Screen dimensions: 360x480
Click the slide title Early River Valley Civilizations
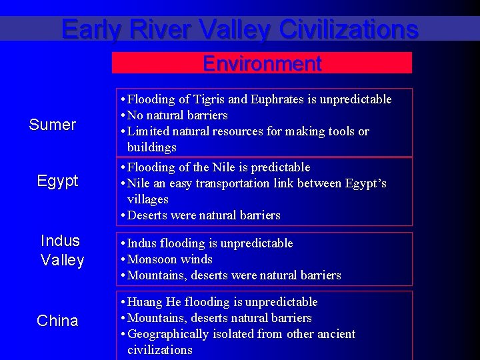click(x=240, y=29)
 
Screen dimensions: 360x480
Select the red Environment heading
click(x=262, y=64)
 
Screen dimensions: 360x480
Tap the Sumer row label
click(x=53, y=125)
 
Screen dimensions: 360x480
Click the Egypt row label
click(x=57, y=181)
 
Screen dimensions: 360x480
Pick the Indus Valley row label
click(x=61, y=250)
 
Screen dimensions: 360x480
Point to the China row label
click(x=57, y=321)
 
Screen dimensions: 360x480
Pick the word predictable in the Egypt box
click(x=278, y=167)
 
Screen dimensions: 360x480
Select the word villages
click(x=148, y=199)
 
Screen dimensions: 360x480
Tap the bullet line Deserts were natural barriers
click(x=203, y=215)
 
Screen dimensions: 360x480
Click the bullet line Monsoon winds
click(x=169, y=259)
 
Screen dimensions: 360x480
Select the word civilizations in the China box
click(x=160, y=350)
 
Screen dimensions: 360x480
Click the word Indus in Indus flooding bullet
click(x=141, y=243)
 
